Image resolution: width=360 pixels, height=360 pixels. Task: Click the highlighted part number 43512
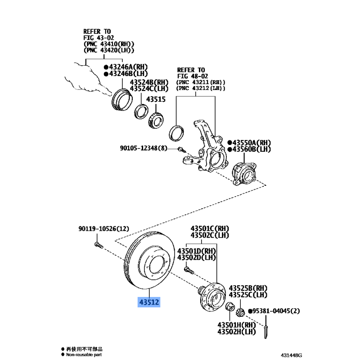(149, 302)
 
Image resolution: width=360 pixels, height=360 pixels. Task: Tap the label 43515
(156, 99)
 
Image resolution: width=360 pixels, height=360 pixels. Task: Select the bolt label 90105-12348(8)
(144, 148)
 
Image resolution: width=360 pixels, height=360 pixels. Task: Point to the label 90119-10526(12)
(104, 229)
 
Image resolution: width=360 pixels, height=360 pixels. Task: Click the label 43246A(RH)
(128, 67)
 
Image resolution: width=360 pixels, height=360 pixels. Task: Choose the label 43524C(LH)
(149, 88)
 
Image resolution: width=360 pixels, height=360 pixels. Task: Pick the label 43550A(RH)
(252, 143)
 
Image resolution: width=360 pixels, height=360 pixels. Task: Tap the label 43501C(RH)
(210, 229)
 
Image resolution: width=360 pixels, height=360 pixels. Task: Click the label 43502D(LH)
(197, 257)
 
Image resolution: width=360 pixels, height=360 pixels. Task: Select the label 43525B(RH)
(248, 288)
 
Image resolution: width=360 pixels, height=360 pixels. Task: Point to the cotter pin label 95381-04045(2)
(276, 311)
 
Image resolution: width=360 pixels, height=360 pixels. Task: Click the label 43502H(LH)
(237, 332)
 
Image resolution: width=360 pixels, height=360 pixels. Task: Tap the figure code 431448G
(291, 355)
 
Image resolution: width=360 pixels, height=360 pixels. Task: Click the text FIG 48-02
(193, 76)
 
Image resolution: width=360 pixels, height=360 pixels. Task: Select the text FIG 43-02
(99, 38)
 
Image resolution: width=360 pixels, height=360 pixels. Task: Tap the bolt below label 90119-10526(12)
(99, 245)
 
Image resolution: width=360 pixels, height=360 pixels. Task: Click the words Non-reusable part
(84, 355)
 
